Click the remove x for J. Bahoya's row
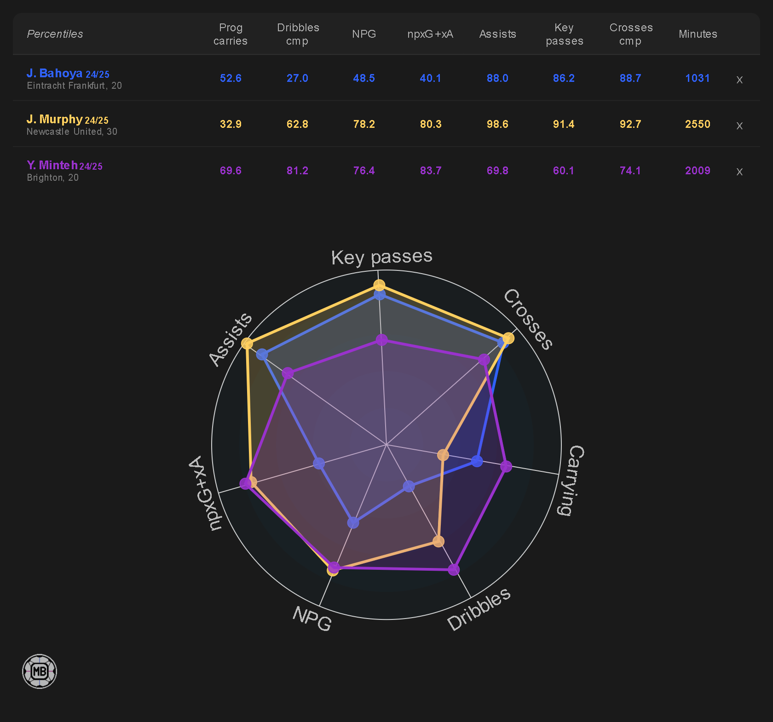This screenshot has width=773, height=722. (x=739, y=80)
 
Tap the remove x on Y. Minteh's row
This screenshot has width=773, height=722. (x=739, y=172)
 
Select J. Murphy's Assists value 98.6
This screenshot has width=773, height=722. (x=497, y=124)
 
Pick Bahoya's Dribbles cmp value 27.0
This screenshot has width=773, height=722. (x=297, y=78)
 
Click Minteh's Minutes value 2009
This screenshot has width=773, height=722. (x=698, y=171)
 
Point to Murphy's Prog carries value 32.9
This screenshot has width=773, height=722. (x=231, y=124)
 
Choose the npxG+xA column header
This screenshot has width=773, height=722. (x=430, y=34)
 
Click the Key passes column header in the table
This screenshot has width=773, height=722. (x=564, y=34)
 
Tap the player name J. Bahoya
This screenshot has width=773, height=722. (x=54, y=74)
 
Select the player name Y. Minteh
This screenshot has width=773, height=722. (x=52, y=166)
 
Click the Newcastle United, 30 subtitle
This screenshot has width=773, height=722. (x=72, y=132)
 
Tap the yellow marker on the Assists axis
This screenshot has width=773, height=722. (x=247, y=344)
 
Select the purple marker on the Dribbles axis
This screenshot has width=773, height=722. (x=454, y=570)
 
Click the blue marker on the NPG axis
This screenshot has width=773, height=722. (x=353, y=522)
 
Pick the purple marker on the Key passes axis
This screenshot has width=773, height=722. (x=381, y=340)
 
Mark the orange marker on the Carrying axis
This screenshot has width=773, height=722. (x=443, y=455)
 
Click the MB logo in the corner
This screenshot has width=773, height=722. (x=40, y=671)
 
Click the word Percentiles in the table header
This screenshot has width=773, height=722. (x=55, y=34)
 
